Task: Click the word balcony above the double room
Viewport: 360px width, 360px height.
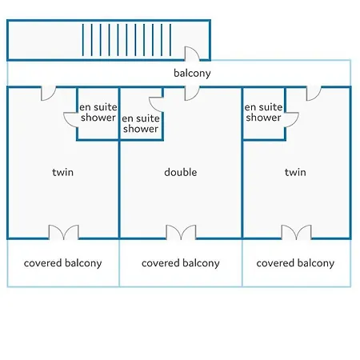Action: pos(192,74)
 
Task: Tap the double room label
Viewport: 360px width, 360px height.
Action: pos(181,172)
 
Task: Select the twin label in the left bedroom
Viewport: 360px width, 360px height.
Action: pos(62,172)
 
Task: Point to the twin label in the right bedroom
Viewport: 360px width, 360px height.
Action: pos(295,172)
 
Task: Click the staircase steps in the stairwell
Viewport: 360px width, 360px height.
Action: pos(126,40)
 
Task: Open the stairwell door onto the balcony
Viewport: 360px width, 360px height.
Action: pos(192,54)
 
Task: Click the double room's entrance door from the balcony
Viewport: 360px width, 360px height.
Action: pos(192,94)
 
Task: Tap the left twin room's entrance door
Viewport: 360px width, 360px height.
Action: pos(48,94)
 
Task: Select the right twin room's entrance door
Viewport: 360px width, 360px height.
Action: pos(314,94)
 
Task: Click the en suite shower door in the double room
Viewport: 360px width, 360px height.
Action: pos(156,105)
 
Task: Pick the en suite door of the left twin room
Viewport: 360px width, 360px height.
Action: pos(70,120)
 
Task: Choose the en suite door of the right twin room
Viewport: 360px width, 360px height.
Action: pos(292,120)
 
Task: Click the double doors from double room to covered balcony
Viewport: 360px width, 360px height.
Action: pos(181,232)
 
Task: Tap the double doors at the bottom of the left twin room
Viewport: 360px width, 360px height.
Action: pos(64,232)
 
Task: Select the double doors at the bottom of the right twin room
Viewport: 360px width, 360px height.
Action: pos(296,232)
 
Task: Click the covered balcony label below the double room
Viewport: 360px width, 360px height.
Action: pos(181,263)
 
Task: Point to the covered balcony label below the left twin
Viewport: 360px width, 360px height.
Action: pos(62,263)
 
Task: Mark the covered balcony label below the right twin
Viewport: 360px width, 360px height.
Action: pos(295,263)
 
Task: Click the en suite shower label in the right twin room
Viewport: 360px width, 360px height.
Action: pos(263,112)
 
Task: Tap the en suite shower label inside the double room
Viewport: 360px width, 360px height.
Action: pos(141,123)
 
